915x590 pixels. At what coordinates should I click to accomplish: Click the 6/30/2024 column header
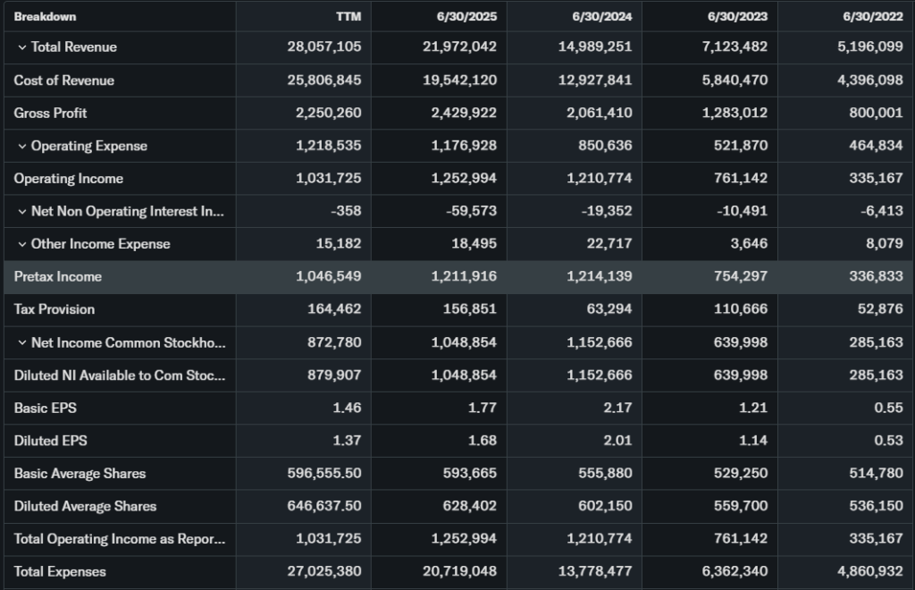602,16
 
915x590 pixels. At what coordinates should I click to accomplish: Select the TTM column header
348,16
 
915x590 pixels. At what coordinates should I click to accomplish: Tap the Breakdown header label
45,16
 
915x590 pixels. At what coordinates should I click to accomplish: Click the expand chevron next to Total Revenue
21,47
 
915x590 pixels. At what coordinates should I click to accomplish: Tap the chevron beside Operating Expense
21,146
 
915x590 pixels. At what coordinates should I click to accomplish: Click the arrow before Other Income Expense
21,244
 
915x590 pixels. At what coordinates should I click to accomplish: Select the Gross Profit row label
50,113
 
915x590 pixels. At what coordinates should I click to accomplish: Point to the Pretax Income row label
57,276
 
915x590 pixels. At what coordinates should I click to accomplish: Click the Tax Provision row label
54,309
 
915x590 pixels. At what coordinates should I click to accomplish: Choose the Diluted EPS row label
50,441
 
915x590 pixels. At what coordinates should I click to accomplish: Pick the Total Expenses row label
60,571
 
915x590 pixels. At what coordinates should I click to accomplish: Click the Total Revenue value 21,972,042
459,46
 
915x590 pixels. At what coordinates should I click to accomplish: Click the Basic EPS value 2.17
617,408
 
